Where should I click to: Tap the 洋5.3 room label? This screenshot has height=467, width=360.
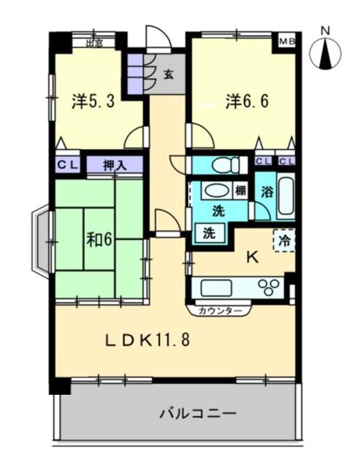point(93,101)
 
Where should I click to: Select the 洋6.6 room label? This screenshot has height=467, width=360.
point(247,101)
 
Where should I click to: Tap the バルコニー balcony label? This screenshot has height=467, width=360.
point(198,414)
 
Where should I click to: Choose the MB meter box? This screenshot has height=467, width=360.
point(286,42)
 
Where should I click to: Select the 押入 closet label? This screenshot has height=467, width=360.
point(115,165)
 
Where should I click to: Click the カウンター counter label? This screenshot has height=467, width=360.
point(219,311)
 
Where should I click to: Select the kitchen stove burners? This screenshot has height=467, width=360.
point(267,286)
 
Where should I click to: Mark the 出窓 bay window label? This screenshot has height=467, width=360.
point(94,43)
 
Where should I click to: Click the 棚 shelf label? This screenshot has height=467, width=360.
point(240,191)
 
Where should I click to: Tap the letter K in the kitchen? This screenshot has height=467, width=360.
point(252,257)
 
